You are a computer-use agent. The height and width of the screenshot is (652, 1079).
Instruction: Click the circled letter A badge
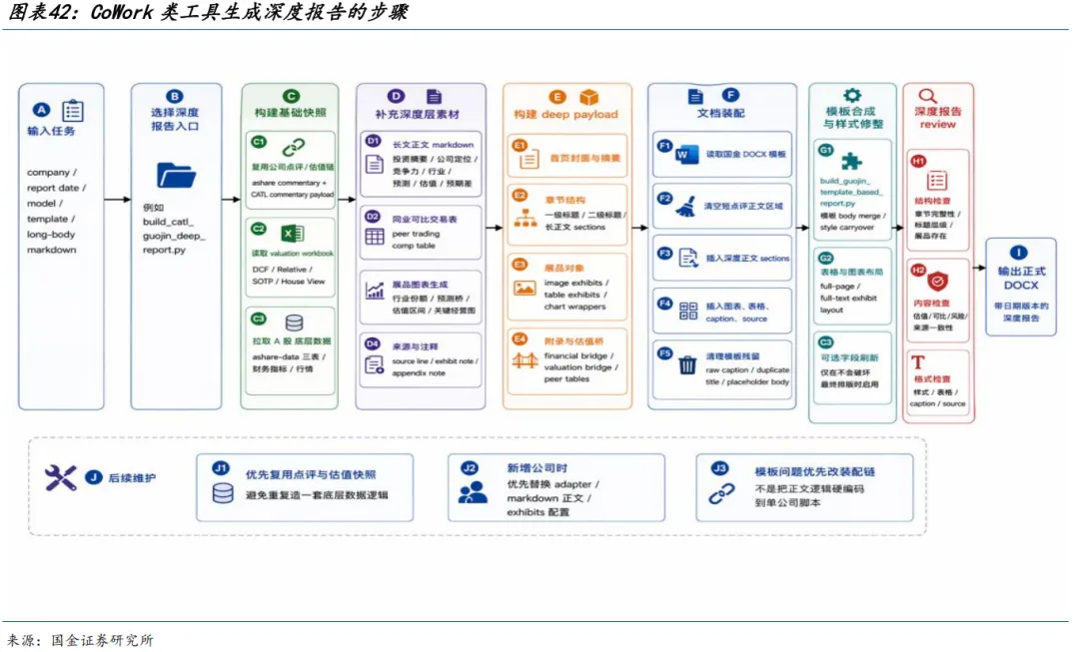pyautogui.click(x=41, y=111)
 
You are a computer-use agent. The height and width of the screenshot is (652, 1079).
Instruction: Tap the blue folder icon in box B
pyautogui.click(x=176, y=176)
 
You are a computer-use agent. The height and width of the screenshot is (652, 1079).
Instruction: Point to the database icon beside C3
pyautogui.click(x=294, y=323)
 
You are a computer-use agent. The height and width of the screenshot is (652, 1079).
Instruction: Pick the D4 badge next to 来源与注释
pyautogui.click(x=373, y=344)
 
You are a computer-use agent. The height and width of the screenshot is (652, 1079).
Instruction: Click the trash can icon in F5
pyautogui.click(x=687, y=364)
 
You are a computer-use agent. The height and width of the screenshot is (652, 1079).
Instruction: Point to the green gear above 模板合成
pyautogui.click(x=852, y=96)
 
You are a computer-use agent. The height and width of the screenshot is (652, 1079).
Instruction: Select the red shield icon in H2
pyautogui.click(x=937, y=281)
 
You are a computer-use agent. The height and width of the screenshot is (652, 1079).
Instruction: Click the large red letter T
pyautogui.click(x=918, y=363)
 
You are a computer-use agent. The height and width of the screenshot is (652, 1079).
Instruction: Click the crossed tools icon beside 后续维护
pyautogui.click(x=61, y=478)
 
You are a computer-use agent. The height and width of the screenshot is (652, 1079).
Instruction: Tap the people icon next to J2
pyautogui.click(x=473, y=492)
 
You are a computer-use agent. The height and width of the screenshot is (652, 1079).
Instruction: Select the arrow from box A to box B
pyautogui.click(x=117, y=200)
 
